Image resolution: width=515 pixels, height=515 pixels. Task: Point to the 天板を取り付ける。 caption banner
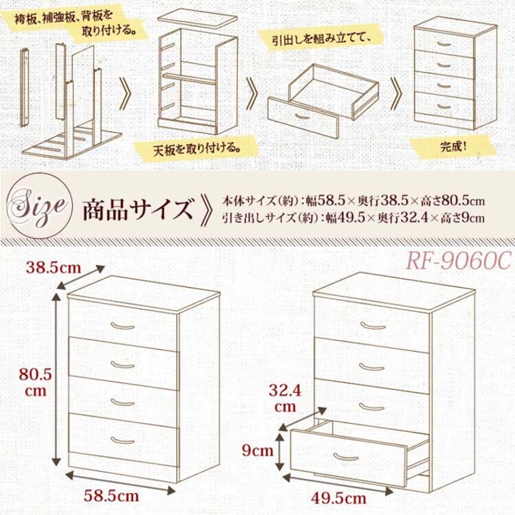click(197, 147)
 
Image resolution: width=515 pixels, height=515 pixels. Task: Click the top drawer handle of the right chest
click(371, 325)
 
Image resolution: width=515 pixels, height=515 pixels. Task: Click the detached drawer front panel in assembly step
click(303, 117)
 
